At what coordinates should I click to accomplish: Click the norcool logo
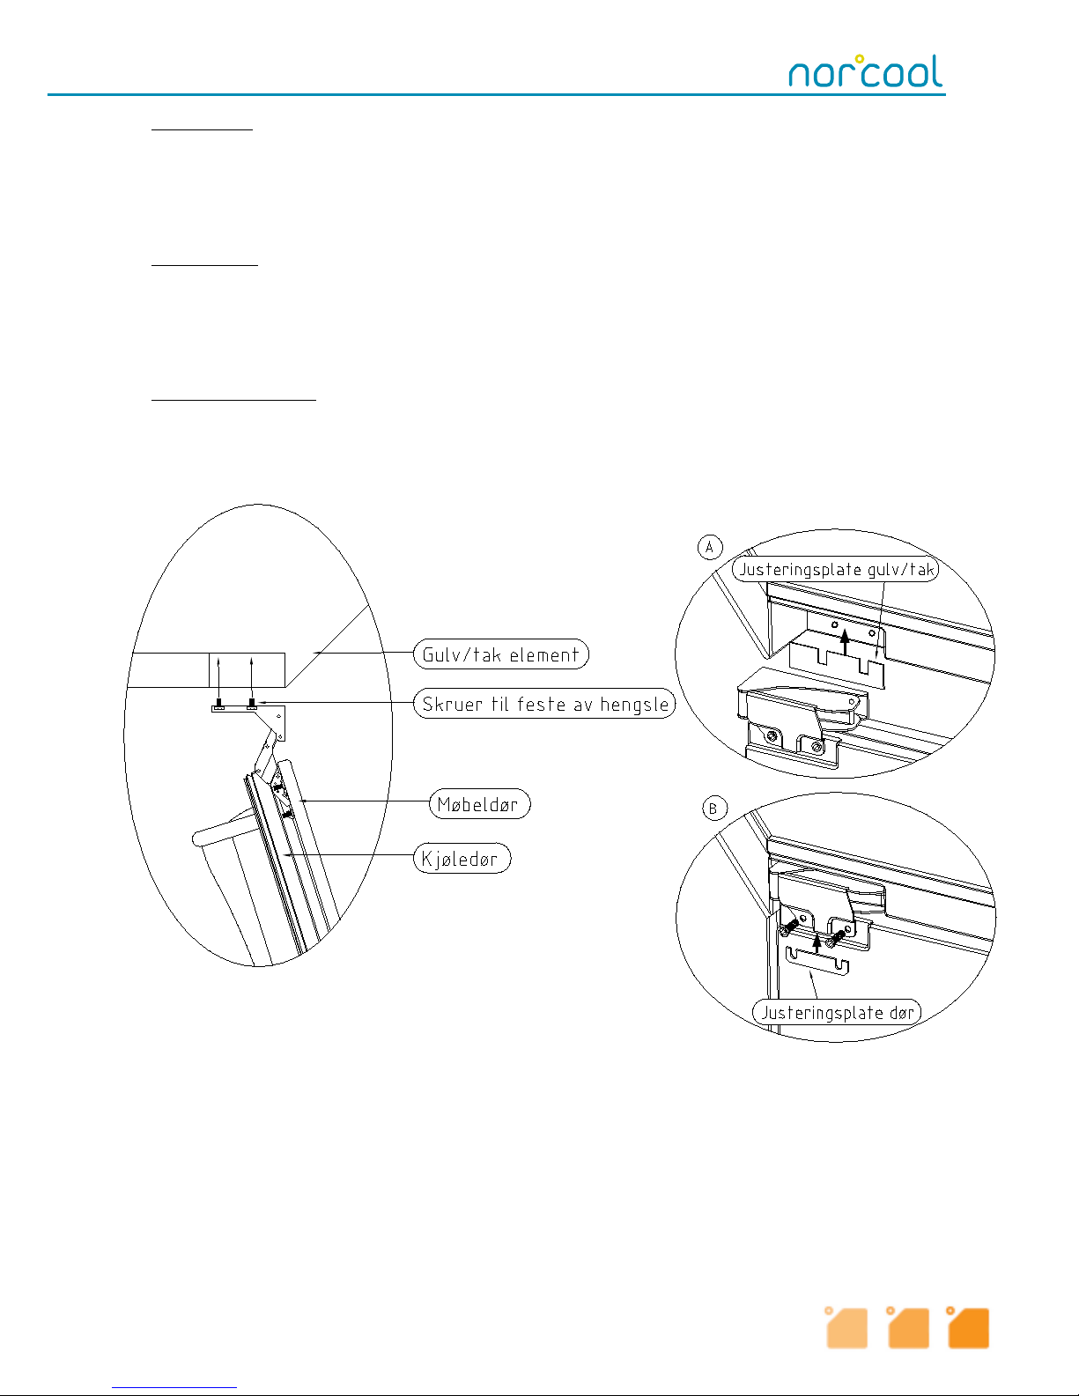[x=864, y=71]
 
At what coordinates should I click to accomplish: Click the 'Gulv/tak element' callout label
[x=500, y=654]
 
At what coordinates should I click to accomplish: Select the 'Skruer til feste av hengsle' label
[x=544, y=704]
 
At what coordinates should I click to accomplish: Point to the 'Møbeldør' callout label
[x=479, y=804]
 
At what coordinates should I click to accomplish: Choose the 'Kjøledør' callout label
[x=462, y=859]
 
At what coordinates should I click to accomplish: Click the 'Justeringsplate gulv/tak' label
[x=835, y=569]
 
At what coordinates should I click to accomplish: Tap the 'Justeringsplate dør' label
[x=836, y=1012]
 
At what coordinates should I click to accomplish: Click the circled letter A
[x=710, y=547]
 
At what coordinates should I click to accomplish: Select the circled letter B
[x=713, y=809]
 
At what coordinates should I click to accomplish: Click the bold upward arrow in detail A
[x=845, y=639]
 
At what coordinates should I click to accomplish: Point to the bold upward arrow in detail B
[x=817, y=943]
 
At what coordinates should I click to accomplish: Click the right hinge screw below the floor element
[x=252, y=704]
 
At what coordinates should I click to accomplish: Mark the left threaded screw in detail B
[x=790, y=927]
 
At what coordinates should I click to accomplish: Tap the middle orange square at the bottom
[x=907, y=1328]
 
